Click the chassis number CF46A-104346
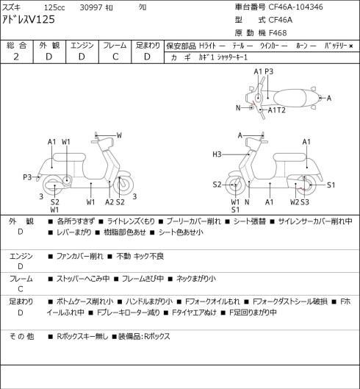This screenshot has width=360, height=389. pos(295,7)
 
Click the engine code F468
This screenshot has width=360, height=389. pos(278,33)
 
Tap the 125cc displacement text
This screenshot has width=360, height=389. pos(54,7)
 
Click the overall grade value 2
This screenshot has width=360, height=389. pos(16,57)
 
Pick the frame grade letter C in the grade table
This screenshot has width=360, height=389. pos(115,57)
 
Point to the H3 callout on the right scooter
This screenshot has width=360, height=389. pos(217,154)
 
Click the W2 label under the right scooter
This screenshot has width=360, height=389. pos(295,202)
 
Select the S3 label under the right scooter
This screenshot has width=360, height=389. pos(305,202)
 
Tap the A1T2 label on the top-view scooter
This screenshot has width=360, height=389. pos(277,110)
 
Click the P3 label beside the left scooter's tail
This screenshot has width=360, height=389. pos(27,177)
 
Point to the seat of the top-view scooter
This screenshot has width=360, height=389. pos(289,98)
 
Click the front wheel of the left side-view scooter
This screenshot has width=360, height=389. pos(123,185)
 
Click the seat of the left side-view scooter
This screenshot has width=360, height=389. pos(69,157)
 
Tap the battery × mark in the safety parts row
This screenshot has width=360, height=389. pos(351,46)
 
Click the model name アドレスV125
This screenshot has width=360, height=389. pos(29,20)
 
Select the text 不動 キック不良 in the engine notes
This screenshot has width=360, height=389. pos(140,256)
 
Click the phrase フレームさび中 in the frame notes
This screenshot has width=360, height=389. pos(143,279)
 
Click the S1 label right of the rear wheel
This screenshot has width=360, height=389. pos(331,185)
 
